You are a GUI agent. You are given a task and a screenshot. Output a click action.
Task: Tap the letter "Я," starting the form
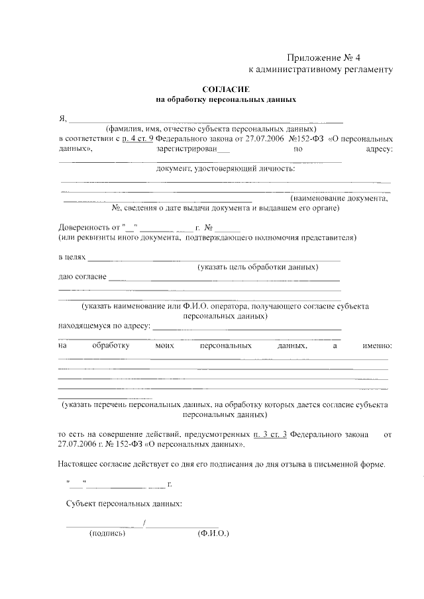[x=62, y=119]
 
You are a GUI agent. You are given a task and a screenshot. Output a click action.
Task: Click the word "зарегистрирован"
[x=197, y=150]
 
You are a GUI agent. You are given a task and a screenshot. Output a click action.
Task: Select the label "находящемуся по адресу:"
[x=105, y=326]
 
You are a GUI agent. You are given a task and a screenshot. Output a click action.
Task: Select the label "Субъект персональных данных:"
[x=124, y=504]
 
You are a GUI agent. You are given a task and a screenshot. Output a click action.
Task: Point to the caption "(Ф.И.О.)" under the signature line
[x=213, y=532]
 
